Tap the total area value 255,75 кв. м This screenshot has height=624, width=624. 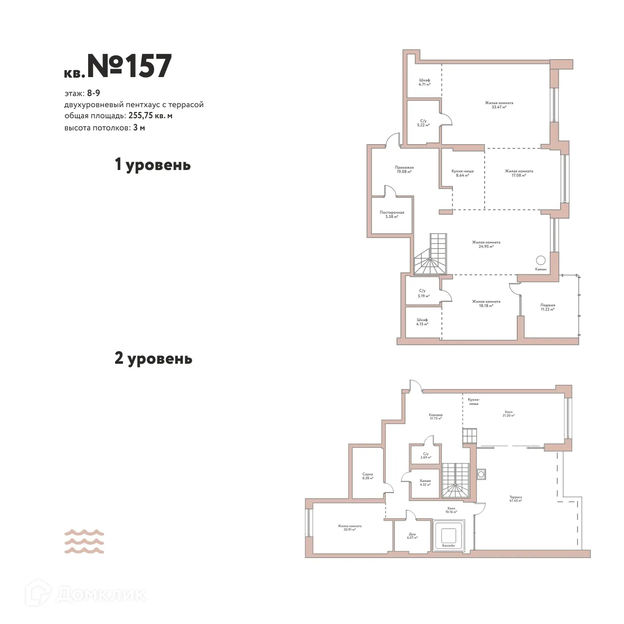click(150, 116)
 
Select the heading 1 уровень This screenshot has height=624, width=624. click(153, 165)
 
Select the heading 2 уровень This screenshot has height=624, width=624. click(153, 359)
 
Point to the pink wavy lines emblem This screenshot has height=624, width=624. click(84, 541)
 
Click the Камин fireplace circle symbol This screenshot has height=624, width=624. click(541, 260)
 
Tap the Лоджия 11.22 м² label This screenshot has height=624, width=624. click(547, 307)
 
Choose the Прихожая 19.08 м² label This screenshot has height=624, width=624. click(404, 169)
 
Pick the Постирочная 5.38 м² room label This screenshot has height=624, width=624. click(392, 214)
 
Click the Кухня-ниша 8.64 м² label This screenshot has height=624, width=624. click(462, 173)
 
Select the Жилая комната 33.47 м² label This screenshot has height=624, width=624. click(499, 105)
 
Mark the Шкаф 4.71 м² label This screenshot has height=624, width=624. click(424, 82)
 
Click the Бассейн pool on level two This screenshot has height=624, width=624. click(448, 536)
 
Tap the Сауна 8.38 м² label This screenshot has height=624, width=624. click(367, 476)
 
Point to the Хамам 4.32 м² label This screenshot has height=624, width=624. click(425, 483)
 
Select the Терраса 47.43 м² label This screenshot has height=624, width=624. click(515, 499)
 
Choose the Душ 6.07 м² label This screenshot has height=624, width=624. click(412, 535)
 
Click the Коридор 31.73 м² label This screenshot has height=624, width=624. click(436, 417)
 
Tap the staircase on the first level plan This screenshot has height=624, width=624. click(432, 256)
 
